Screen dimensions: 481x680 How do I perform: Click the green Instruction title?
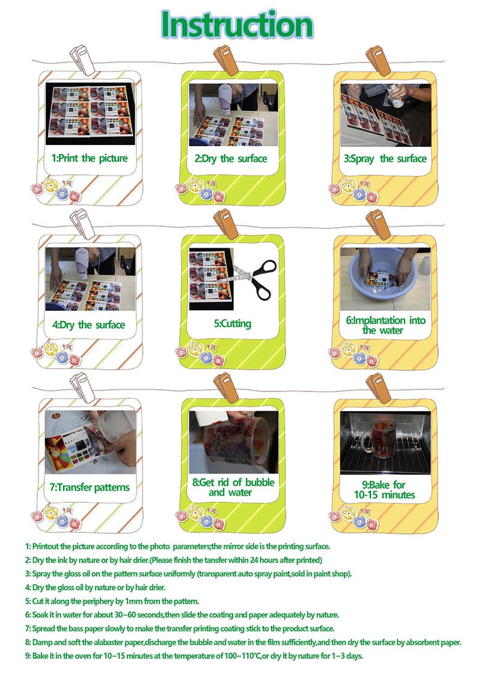237,24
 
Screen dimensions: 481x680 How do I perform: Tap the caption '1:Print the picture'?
90,158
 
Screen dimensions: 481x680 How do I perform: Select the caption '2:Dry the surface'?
231,159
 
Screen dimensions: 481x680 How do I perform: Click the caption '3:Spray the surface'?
385,159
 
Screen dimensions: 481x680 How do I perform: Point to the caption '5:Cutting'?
233,324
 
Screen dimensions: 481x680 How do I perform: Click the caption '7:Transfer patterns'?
90,488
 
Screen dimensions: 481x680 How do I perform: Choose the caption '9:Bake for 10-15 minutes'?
384,490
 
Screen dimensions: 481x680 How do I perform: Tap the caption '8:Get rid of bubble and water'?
233,488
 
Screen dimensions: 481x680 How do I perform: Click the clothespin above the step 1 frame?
82,60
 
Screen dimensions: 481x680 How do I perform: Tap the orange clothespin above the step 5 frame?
226,223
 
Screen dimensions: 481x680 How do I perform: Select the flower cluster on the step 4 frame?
56,353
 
